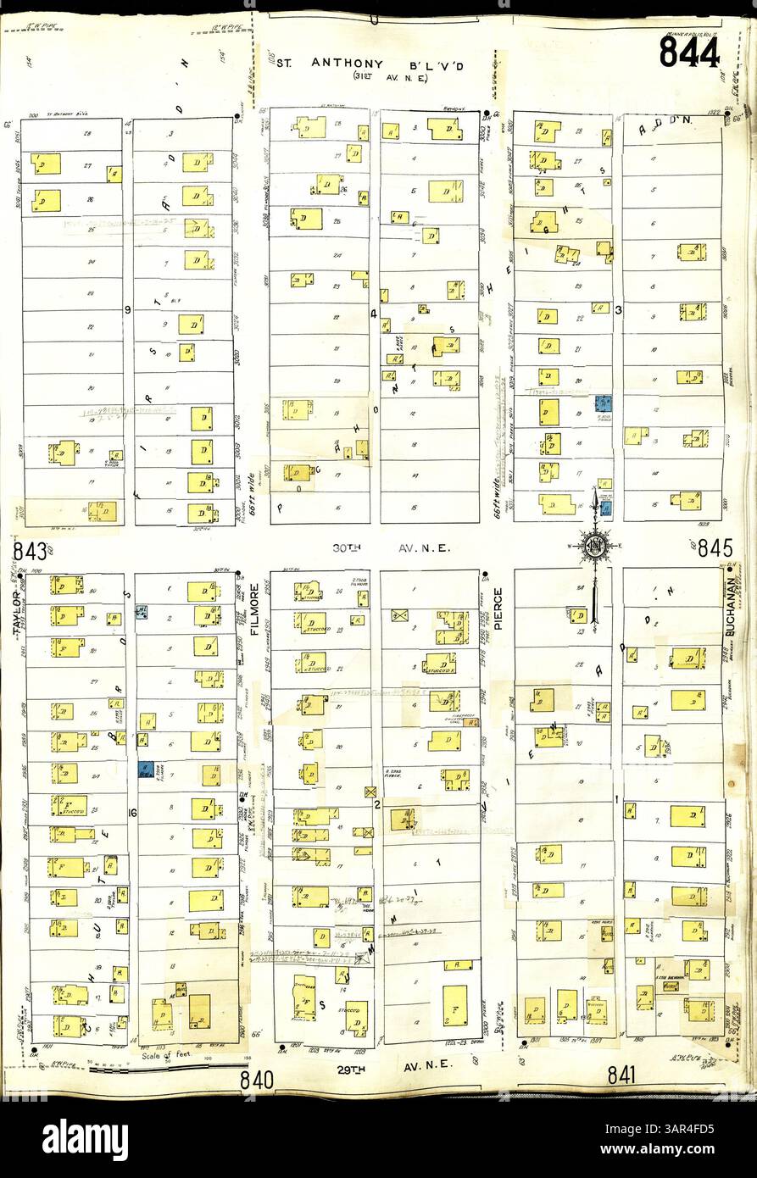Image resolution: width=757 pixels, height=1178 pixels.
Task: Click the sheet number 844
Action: coord(689,53)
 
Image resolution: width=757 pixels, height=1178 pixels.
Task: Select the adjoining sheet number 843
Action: coord(29,553)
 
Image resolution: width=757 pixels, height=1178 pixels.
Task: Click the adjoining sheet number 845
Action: coord(715,548)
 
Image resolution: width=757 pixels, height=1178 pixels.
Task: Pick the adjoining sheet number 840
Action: coord(256,1079)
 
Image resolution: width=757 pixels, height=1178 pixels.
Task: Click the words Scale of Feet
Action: coord(163,1056)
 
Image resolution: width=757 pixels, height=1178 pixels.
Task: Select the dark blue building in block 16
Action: coord(144,770)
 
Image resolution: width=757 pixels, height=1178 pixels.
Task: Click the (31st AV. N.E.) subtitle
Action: coord(380,77)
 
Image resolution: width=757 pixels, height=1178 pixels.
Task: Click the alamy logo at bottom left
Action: coord(85,1139)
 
